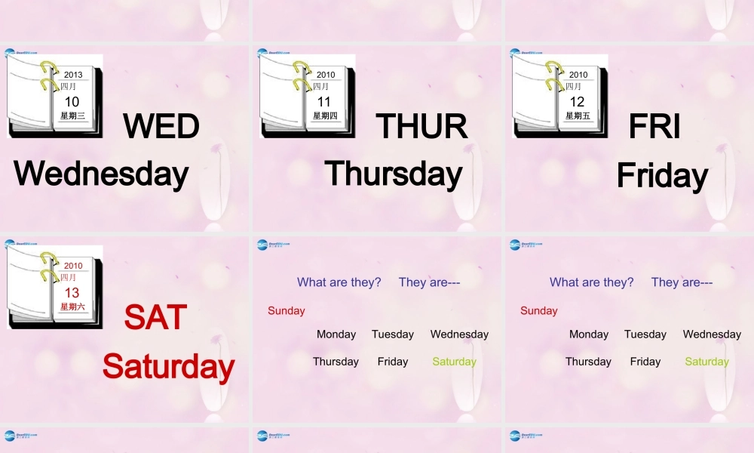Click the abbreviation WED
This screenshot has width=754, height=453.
(161, 126)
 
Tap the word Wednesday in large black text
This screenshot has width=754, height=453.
(101, 174)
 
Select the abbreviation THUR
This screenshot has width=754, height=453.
(421, 126)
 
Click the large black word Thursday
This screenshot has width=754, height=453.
(393, 174)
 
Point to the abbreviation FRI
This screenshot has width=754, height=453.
(654, 126)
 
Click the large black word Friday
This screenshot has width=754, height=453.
(662, 176)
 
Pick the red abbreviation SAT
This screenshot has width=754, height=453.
(155, 317)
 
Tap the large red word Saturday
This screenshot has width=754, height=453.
(168, 366)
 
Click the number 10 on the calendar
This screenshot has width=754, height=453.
(72, 102)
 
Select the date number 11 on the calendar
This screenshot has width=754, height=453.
(324, 102)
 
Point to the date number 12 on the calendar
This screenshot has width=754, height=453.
(577, 102)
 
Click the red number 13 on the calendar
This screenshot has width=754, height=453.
(72, 293)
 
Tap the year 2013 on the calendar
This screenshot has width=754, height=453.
(73, 75)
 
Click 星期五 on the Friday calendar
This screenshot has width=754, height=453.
(578, 116)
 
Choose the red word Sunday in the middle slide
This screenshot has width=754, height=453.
(287, 310)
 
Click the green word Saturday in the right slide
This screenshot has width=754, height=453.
(706, 362)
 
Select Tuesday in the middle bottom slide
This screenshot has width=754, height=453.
(392, 334)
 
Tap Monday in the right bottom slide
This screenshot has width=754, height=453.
(589, 334)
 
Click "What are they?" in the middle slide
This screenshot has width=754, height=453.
(339, 282)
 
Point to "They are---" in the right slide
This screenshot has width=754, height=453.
(682, 282)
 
